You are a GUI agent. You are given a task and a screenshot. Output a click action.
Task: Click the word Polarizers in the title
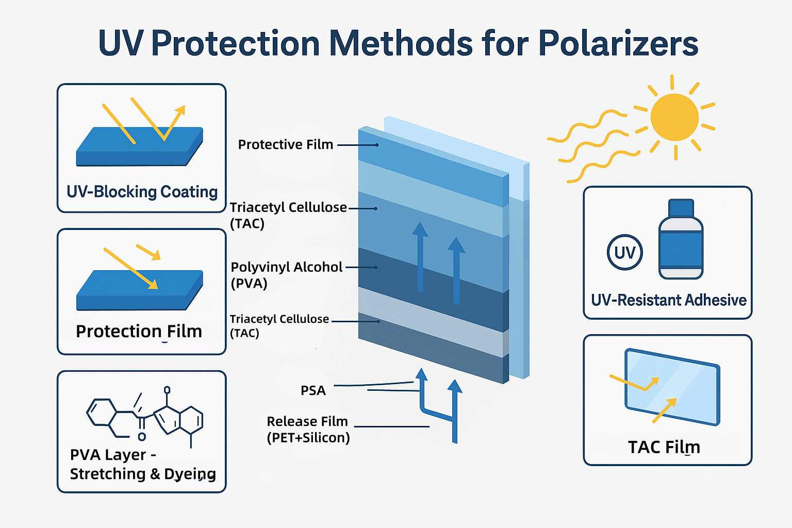(618, 44)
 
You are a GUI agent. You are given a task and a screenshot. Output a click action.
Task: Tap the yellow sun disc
(674, 117)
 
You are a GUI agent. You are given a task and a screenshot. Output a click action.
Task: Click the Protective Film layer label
(286, 144)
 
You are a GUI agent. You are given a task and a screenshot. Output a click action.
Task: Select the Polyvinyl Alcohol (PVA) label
(286, 275)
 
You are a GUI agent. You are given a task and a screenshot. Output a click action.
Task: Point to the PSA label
(313, 390)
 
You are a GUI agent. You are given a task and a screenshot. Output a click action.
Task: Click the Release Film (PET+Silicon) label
(308, 430)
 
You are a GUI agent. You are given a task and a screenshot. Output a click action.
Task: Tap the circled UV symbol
(625, 252)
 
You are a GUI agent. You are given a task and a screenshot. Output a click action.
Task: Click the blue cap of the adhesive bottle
(681, 208)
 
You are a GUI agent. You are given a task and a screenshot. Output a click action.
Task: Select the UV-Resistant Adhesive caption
(669, 300)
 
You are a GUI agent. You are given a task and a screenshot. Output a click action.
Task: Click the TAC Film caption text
(664, 447)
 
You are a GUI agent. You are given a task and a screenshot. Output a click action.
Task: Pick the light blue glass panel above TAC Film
(672, 387)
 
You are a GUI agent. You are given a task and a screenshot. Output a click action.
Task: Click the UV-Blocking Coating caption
(142, 192)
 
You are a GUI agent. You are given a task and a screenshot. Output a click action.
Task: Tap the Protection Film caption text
(139, 332)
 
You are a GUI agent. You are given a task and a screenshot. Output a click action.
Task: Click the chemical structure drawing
(145, 417)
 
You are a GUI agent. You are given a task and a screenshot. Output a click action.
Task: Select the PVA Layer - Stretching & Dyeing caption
(143, 465)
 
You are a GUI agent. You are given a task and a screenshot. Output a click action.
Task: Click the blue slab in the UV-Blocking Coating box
(139, 146)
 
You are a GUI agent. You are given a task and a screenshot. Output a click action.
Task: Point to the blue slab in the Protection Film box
(139, 290)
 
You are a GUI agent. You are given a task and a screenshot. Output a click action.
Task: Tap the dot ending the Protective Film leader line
(377, 145)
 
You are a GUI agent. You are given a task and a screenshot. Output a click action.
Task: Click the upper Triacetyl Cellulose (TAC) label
(288, 215)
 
